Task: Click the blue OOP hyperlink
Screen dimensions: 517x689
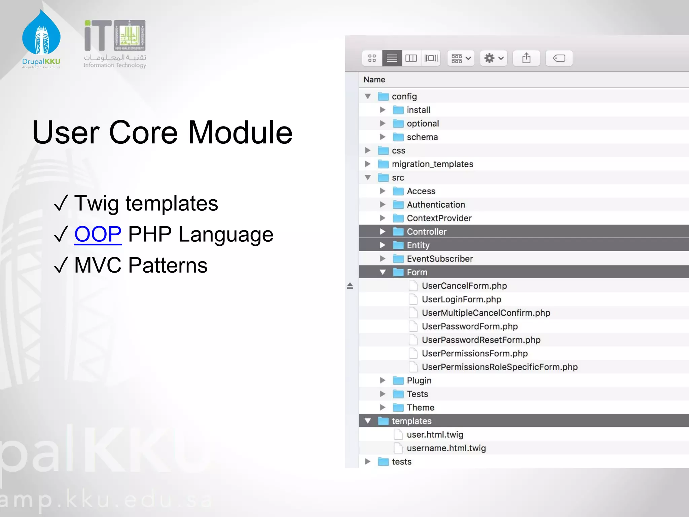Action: [x=98, y=234]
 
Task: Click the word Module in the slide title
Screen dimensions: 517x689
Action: [x=240, y=133]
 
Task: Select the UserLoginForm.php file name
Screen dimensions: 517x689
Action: [x=461, y=299]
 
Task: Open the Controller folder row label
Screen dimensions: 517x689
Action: [x=426, y=232]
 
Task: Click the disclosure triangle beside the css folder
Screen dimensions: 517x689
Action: [x=368, y=150]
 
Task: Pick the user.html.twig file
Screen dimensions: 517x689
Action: [x=435, y=435]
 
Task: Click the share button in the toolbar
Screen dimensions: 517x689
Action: [x=526, y=58]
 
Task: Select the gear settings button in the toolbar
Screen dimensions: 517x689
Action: [x=493, y=58]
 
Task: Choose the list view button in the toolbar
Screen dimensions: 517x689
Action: [x=392, y=58]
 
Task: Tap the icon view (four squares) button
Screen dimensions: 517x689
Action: [x=372, y=58]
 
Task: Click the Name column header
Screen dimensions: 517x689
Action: [x=374, y=80]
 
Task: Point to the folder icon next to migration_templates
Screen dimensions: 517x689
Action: [x=383, y=164]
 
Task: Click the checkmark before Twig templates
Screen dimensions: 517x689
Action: [x=61, y=203]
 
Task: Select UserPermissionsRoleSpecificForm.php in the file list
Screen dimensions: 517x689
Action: [x=500, y=367]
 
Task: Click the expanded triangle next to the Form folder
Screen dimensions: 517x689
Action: [x=383, y=272]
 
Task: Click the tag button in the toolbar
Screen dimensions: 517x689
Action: [x=559, y=58]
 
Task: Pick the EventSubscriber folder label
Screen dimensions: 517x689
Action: [x=440, y=258]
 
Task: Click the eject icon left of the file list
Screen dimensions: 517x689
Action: [x=350, y=286]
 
